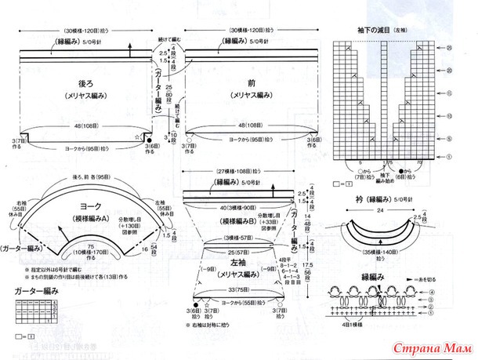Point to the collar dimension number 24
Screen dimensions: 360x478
pos(378,210)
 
